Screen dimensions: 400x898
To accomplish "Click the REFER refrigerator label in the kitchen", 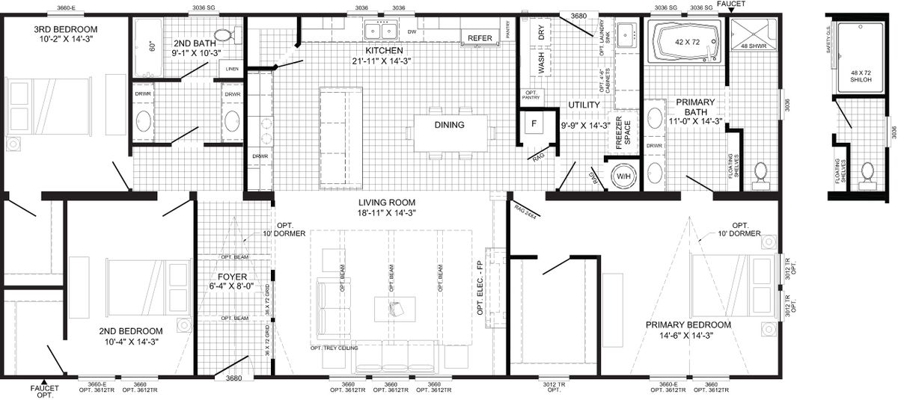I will [x=479, y=38].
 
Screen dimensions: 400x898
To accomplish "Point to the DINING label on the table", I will [x=449, y=125].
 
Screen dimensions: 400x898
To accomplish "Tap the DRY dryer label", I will [x=541, y=33].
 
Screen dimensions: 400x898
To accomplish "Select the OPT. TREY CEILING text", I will [x=334, y=348].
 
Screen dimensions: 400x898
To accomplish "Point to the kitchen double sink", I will [x=381, y=31].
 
